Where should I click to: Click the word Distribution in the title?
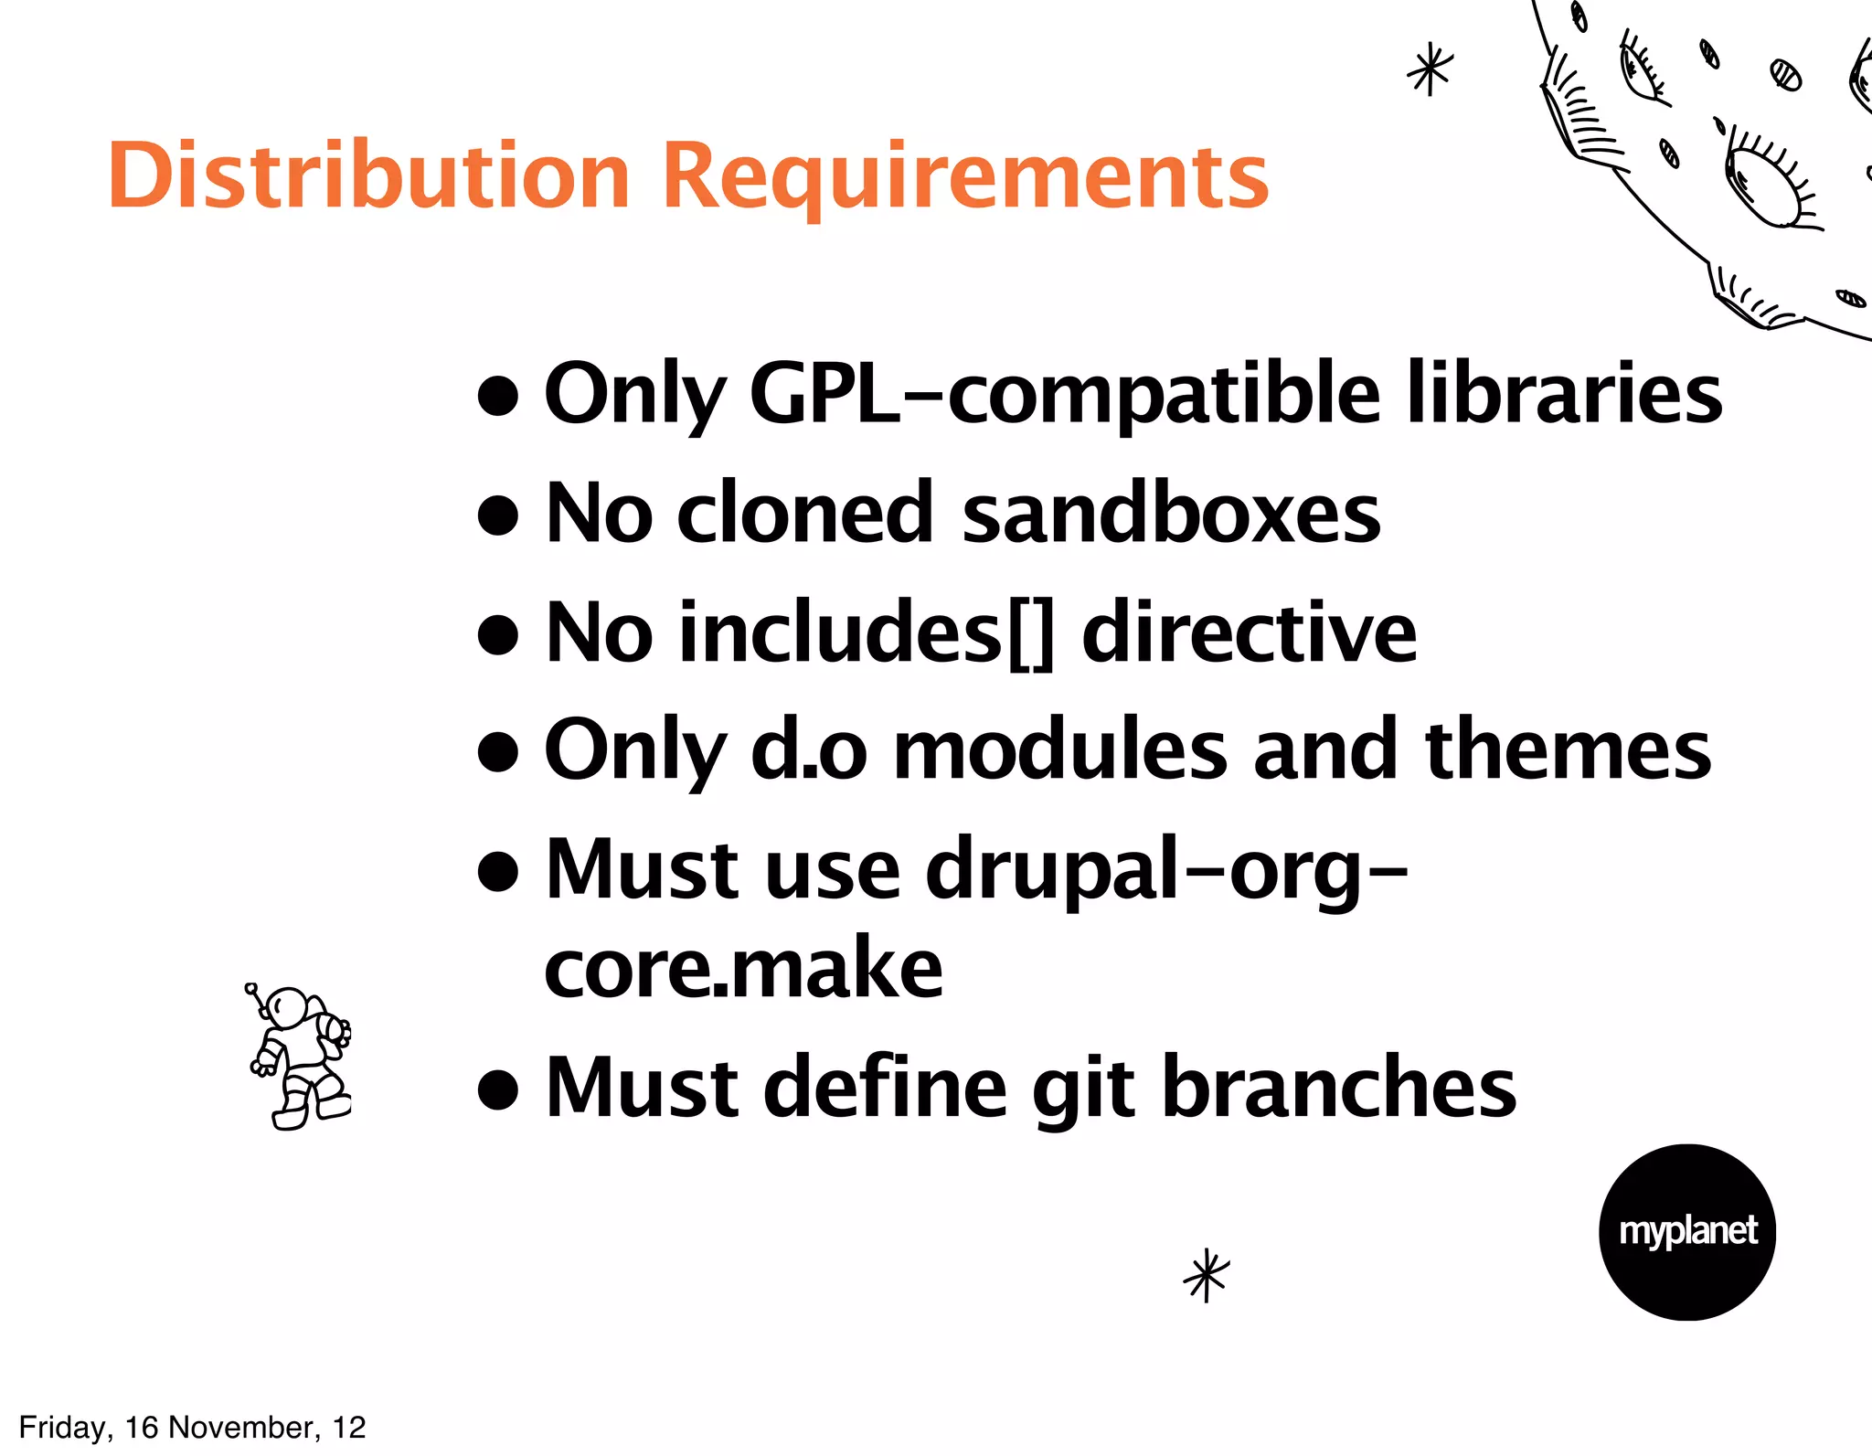(x=368, y=176)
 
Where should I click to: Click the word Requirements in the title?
(x=965, y=178)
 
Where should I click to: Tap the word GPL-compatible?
(x=1064, y=394)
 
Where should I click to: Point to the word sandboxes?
(x=1171, y=514)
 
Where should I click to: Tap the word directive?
(x=1249, y=632)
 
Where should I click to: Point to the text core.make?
(x=743, y=969)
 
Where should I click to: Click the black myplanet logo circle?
(x=1686, y=1231)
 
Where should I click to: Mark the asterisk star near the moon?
(x=1430, y=70)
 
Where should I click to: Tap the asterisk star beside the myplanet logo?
(x=1207, y=1274)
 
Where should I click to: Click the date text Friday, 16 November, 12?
(x=192, y=1427)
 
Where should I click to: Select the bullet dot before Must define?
(x=498, y=1089)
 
